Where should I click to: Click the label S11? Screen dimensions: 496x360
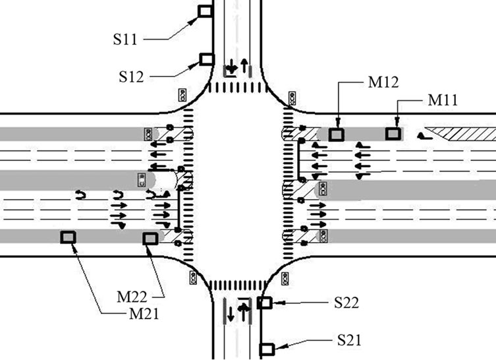(x=125, y=40)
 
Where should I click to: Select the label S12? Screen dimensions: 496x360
(x=131, y=76)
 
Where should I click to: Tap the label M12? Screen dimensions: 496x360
(x=383, y=82)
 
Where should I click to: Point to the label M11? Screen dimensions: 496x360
(x=443, y=100)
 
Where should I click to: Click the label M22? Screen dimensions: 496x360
(x=132, y=297)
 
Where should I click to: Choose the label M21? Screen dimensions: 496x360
(x=144, y=314)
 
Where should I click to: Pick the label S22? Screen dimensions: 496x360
(x=346, y=303)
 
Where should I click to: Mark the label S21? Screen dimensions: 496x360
(x=349, y=340)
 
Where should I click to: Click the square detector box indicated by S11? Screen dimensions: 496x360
(x=205, y=11)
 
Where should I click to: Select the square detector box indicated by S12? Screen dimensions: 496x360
(x=207, y=59)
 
